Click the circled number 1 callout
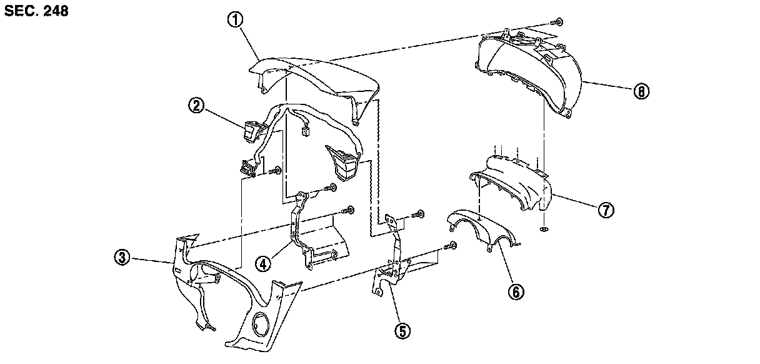point(235,21)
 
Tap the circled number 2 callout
point(196,106)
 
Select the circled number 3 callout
point(122,256)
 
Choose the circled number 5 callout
point(403,331)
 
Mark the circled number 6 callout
point(516,291)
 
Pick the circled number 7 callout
point(606,210)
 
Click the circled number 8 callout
point(641,91)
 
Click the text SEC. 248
point(36,12)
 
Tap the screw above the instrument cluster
point(559,22)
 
